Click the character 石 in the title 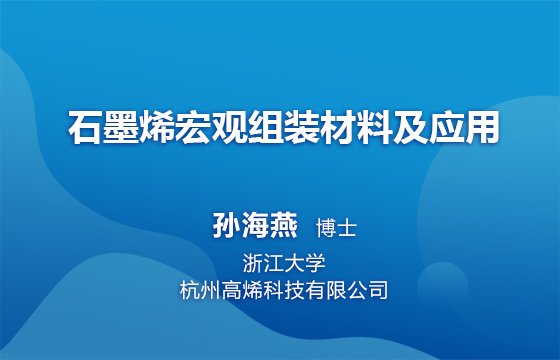pos(85,127)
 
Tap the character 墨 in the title pos(121,127)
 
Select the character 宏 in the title pos(193,127)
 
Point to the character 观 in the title pos(229,127)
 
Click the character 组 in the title pos(265,127)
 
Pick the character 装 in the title pos(301,127)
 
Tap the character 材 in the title pos(337,127)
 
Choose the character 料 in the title pos(373,127)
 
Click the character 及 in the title pos(409,127)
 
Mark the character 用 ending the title pos(481,127)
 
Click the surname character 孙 pos(226,225)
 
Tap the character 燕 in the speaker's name pos(284,225)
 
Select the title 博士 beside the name pos(336,228)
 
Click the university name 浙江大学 pos(284,264)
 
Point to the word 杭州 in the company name pos(200,290)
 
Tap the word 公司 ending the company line pos(367,290)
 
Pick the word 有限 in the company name pos(326,290)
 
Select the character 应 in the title pos(445,127)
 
